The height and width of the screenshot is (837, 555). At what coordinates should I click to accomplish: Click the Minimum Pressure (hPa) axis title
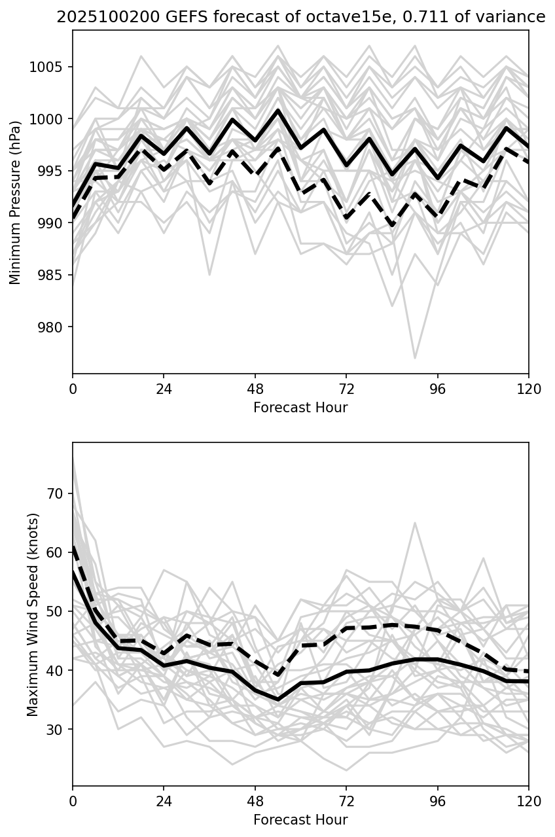15,202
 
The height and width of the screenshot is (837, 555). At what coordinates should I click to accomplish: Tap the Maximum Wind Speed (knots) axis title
33,614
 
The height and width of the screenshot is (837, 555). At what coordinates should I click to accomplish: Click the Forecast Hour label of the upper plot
300,408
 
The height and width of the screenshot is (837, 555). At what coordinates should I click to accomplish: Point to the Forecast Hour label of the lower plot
300,820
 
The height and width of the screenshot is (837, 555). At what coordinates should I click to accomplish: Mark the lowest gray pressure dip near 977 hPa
414,358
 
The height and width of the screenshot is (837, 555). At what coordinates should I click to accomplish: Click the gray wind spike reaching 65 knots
414,523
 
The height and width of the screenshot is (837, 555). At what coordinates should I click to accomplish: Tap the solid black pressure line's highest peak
278,111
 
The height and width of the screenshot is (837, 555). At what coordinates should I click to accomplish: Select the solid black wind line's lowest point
278,700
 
